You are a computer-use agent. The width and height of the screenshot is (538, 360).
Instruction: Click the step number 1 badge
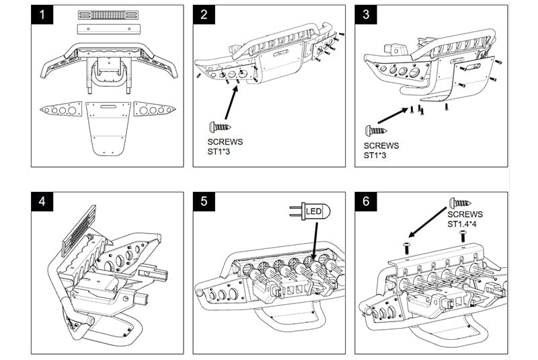coord(42,15)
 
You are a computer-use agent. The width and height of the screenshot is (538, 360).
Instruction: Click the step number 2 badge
coord(204,15)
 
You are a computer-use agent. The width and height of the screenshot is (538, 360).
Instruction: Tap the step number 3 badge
coord(366,15)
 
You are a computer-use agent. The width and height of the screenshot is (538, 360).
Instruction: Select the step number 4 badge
coord(42,201)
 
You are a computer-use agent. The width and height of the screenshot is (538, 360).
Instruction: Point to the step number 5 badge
coord(204,201)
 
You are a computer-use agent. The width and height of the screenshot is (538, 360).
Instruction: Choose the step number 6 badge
coord(366,201)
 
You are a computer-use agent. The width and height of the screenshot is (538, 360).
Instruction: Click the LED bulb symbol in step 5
coord(311,211)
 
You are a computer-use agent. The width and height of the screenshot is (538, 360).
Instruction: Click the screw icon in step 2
coord(220,127)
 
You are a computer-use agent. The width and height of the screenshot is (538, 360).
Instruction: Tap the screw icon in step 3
coord(376,131)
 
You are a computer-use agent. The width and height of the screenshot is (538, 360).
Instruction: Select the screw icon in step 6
coord(460,203)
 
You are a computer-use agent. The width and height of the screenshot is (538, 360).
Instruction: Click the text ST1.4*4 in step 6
coord(461,225)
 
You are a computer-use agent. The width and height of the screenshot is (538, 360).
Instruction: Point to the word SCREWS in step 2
coord(225,142)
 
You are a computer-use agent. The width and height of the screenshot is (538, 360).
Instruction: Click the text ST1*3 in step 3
coord(375,155)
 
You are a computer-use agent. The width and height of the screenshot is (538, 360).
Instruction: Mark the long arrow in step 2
coord(231,102)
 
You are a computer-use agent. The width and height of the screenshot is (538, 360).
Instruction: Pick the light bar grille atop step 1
coord(108,15)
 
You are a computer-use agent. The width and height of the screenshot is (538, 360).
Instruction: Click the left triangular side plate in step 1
coord(61,110)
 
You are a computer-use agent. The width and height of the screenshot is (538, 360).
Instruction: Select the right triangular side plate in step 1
coord(155,110)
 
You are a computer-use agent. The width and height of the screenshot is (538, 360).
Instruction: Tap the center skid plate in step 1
coord(108,129)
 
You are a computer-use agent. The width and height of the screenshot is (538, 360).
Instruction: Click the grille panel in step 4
coord(78,231)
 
